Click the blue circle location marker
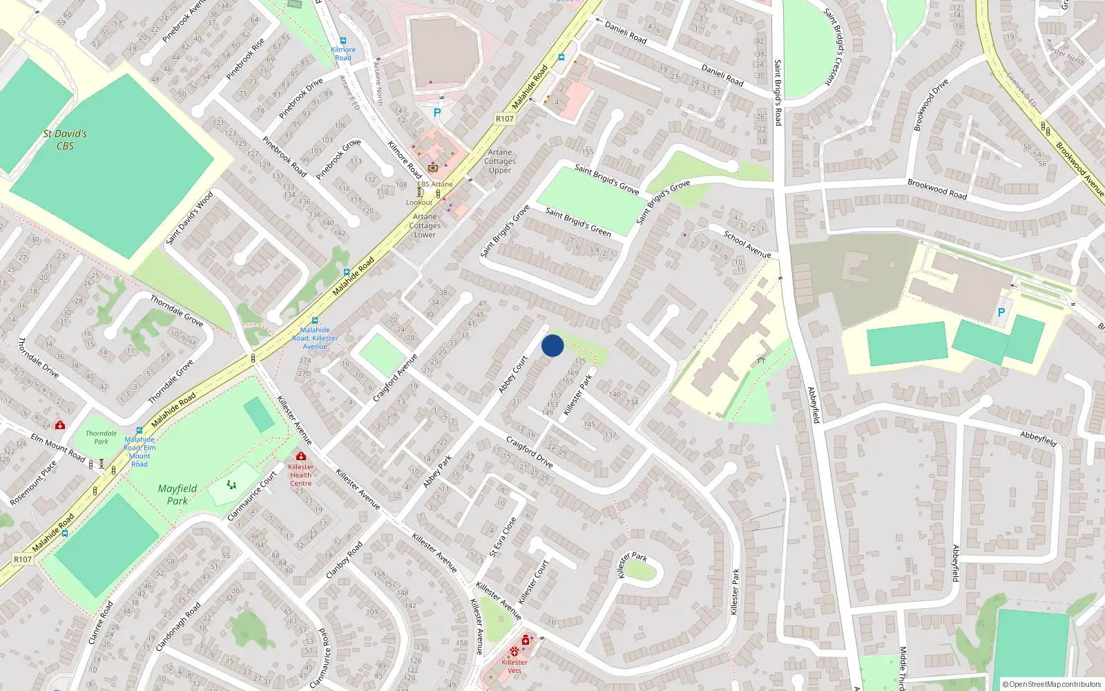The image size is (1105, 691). [552, 345]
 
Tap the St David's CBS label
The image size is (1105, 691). [65, 140]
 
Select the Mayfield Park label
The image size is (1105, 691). [177, 495]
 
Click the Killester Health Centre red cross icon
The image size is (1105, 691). [300, 456]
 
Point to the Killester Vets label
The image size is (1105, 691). [515, 666]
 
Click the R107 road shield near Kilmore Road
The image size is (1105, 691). [505, 119]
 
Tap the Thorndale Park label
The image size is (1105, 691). [102, 437]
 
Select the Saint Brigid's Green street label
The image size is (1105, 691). [578, 222]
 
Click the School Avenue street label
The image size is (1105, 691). [747, 244]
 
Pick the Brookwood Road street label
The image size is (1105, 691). [937, 189]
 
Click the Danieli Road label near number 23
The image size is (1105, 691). [722, 75]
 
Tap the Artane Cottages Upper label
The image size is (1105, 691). [500, 161]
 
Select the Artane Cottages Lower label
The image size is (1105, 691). [425, 225]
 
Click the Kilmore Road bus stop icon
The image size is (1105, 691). [343, 41]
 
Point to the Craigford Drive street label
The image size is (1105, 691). [529, 451]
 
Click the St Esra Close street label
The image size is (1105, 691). [503, 537]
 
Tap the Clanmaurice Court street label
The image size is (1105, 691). [252, 495]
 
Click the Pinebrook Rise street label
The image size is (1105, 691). [245, 59]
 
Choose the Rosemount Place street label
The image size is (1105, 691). [34, 483]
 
